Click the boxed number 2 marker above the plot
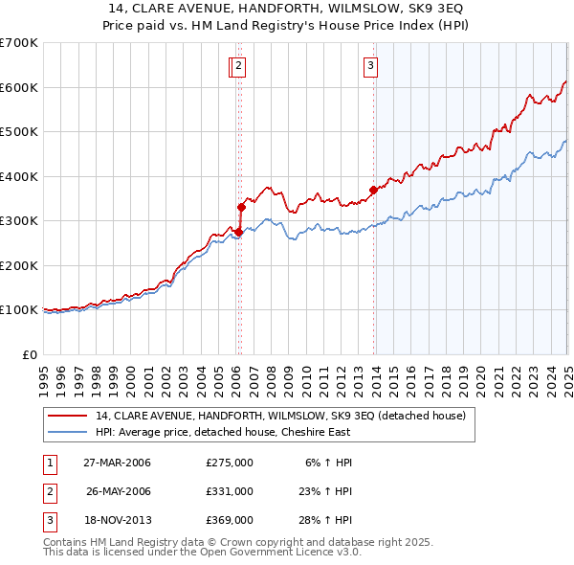[x=237, y=66]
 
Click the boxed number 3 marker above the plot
[x=369, y=66]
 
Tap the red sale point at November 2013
[x=373, y=190]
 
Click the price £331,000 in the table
[x=230, y=491]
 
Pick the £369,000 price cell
[x=230, y=520]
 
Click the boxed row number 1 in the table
[x=48, y=463]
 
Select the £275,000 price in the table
[x=230, y=463]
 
